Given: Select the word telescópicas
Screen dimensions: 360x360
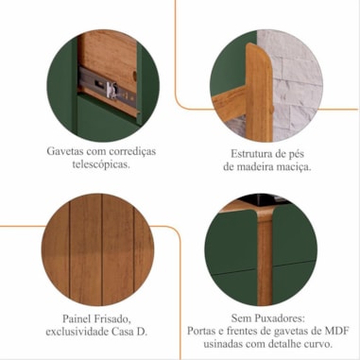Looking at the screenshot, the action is coord(101,164).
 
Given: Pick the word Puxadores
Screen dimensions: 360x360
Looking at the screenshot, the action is coord(280,318).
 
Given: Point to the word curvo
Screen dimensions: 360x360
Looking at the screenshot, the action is coord(320,344).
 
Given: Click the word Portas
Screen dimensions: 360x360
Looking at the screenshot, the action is coord(202,331).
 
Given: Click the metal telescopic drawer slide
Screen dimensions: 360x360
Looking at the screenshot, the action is coord(108,87).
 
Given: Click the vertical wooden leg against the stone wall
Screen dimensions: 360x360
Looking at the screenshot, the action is coord(259,93).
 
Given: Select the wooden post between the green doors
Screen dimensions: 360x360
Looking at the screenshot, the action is coord(265,257).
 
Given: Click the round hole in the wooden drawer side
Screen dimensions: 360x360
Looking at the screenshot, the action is coord(135,76).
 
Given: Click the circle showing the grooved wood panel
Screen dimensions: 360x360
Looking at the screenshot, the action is coord(98,249).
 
